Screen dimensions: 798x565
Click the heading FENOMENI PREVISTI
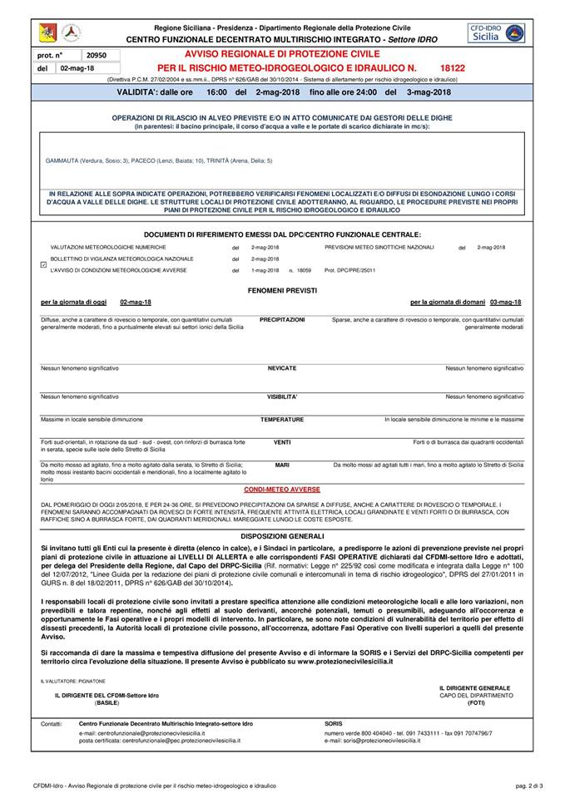click(282, 289)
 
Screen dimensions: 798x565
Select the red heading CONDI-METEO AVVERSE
click(282, 490)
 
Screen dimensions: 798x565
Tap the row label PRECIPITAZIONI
click(282, 319)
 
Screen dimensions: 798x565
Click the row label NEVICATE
click(282, 367)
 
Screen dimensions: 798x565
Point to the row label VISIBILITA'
click(282, 397)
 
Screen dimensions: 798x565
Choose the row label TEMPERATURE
click(282, 420)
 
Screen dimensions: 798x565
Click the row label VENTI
click(282, 442)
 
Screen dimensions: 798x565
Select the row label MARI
click(282, 465)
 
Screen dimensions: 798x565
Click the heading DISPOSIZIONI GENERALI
click(282, 537)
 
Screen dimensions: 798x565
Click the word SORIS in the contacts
click(332, 724)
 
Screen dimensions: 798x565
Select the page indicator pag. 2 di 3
click(529, 785)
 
